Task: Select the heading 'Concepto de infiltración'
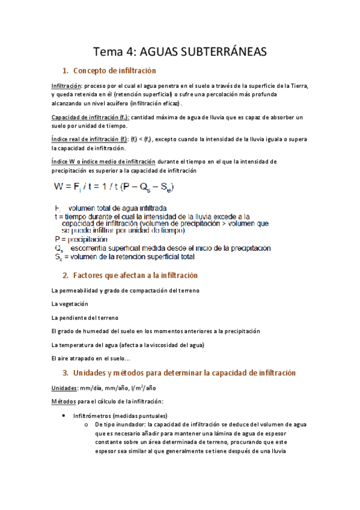coord(112,71)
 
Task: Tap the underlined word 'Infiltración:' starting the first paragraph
coord(67,86)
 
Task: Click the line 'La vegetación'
coord(70,304)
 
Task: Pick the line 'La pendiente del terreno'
coord(85,317)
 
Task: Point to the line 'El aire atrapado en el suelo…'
coord(91,358)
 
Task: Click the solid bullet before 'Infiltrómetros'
coord(64,416)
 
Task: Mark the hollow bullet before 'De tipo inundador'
coord(87,425)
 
